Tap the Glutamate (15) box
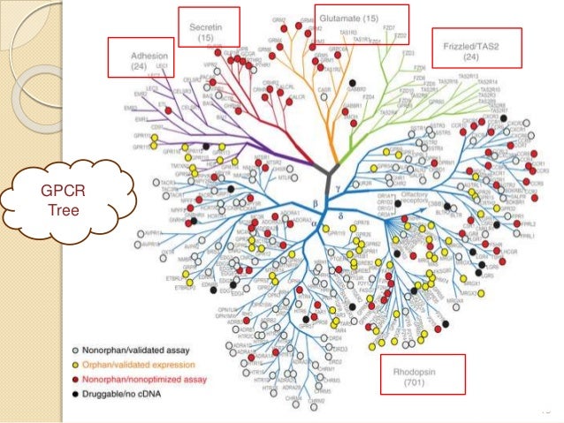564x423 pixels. (x=362, y=19)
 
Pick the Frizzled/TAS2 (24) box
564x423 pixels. (x=476, y=48)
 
